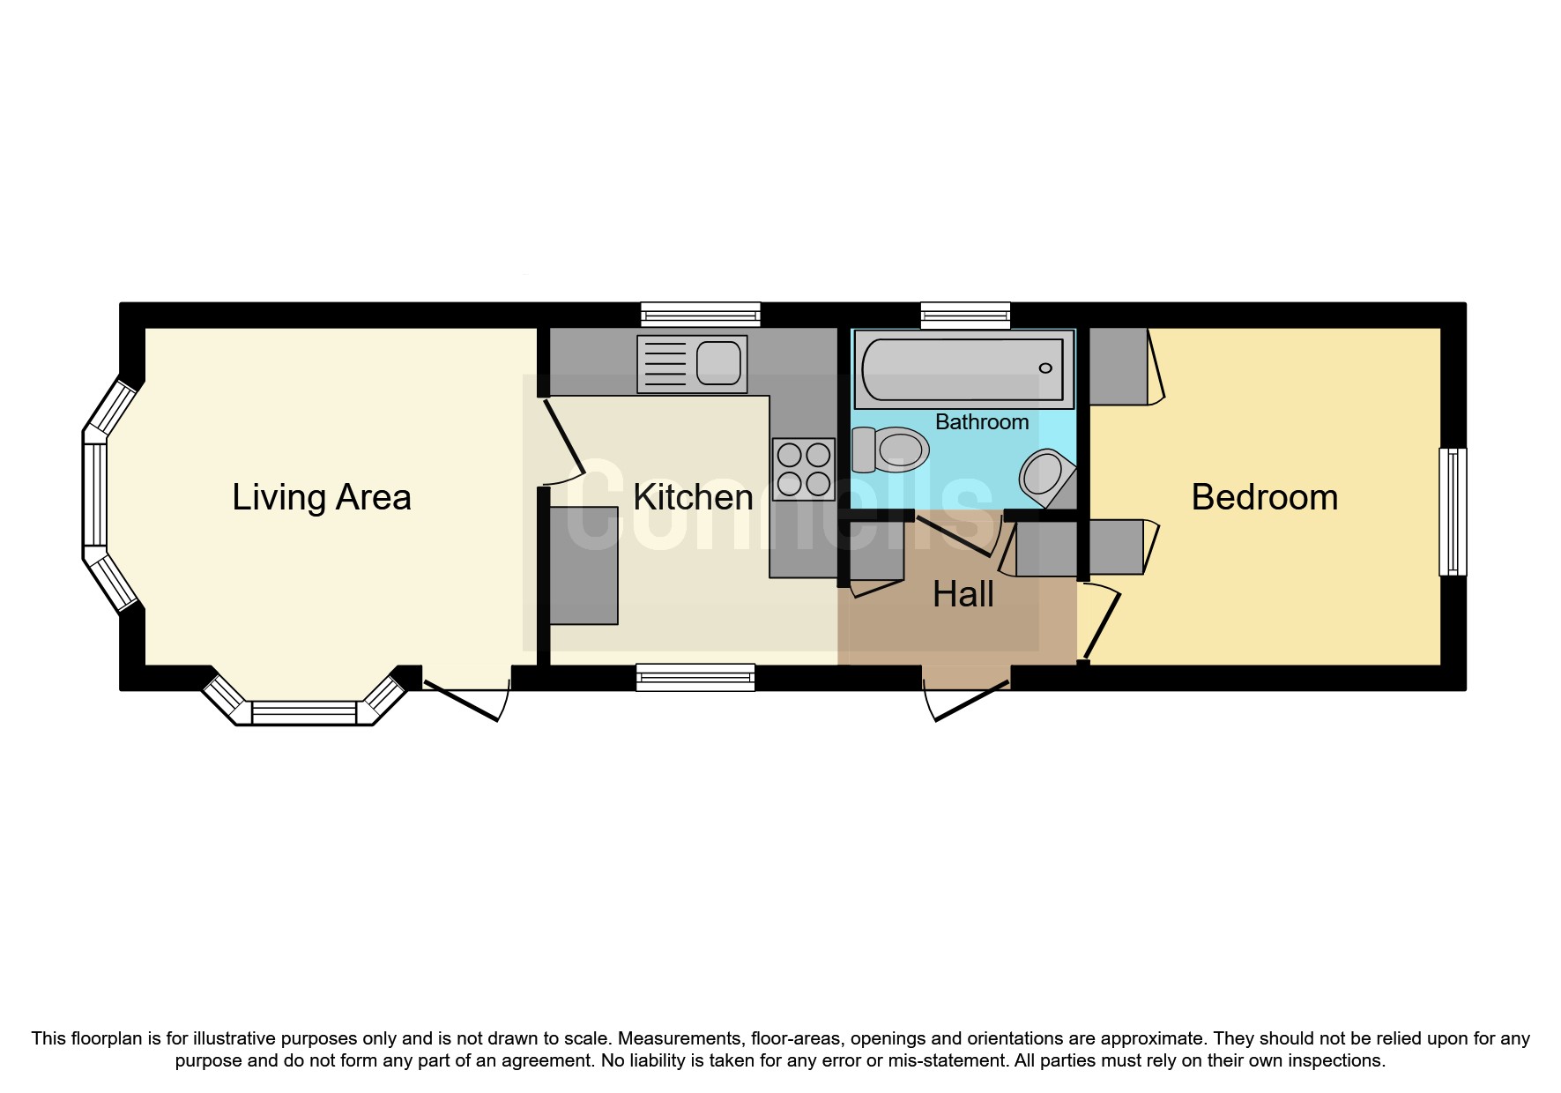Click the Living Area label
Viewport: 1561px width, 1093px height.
321,497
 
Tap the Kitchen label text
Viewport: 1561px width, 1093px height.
693,497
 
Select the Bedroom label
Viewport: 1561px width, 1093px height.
1264,497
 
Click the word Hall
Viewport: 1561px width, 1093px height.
963,595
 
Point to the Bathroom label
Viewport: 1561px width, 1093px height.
981,422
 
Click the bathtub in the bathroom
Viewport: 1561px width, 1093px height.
963,368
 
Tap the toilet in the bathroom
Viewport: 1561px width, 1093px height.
890,450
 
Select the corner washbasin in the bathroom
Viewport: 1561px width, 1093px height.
1045,478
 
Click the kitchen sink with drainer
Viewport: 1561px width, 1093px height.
692,364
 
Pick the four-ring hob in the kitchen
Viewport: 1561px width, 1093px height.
803,469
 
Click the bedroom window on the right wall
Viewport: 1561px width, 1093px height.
1453,512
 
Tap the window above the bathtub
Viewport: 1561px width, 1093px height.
965,315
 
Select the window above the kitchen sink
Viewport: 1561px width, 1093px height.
700,315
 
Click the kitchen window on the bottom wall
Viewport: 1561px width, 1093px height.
695,677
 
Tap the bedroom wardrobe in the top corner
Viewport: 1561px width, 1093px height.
1119,366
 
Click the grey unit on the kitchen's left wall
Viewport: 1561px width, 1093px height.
583,565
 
